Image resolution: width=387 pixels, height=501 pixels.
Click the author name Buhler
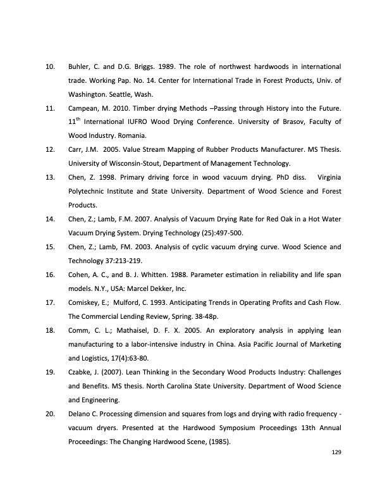coord(80,66)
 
